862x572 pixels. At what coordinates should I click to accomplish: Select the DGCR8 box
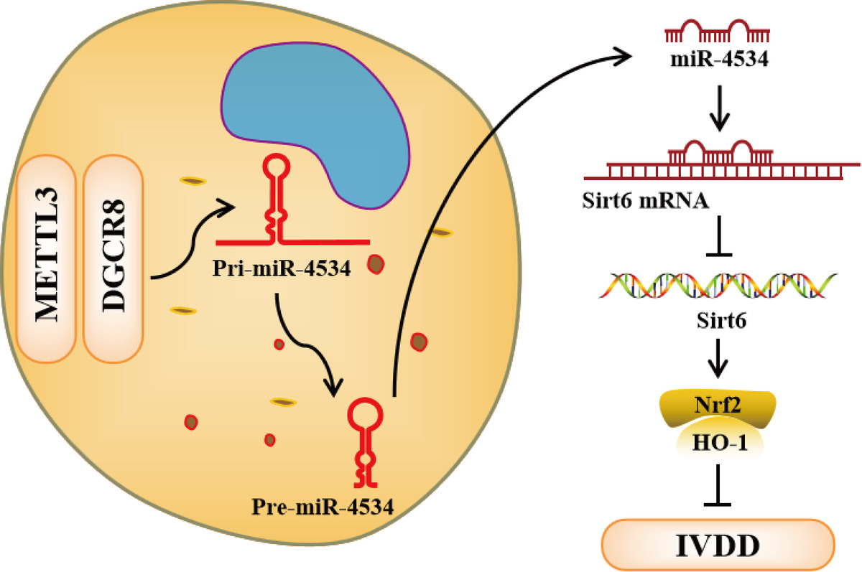(114, 259)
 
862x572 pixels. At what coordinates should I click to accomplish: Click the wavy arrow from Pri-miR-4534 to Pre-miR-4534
(309, 344)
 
